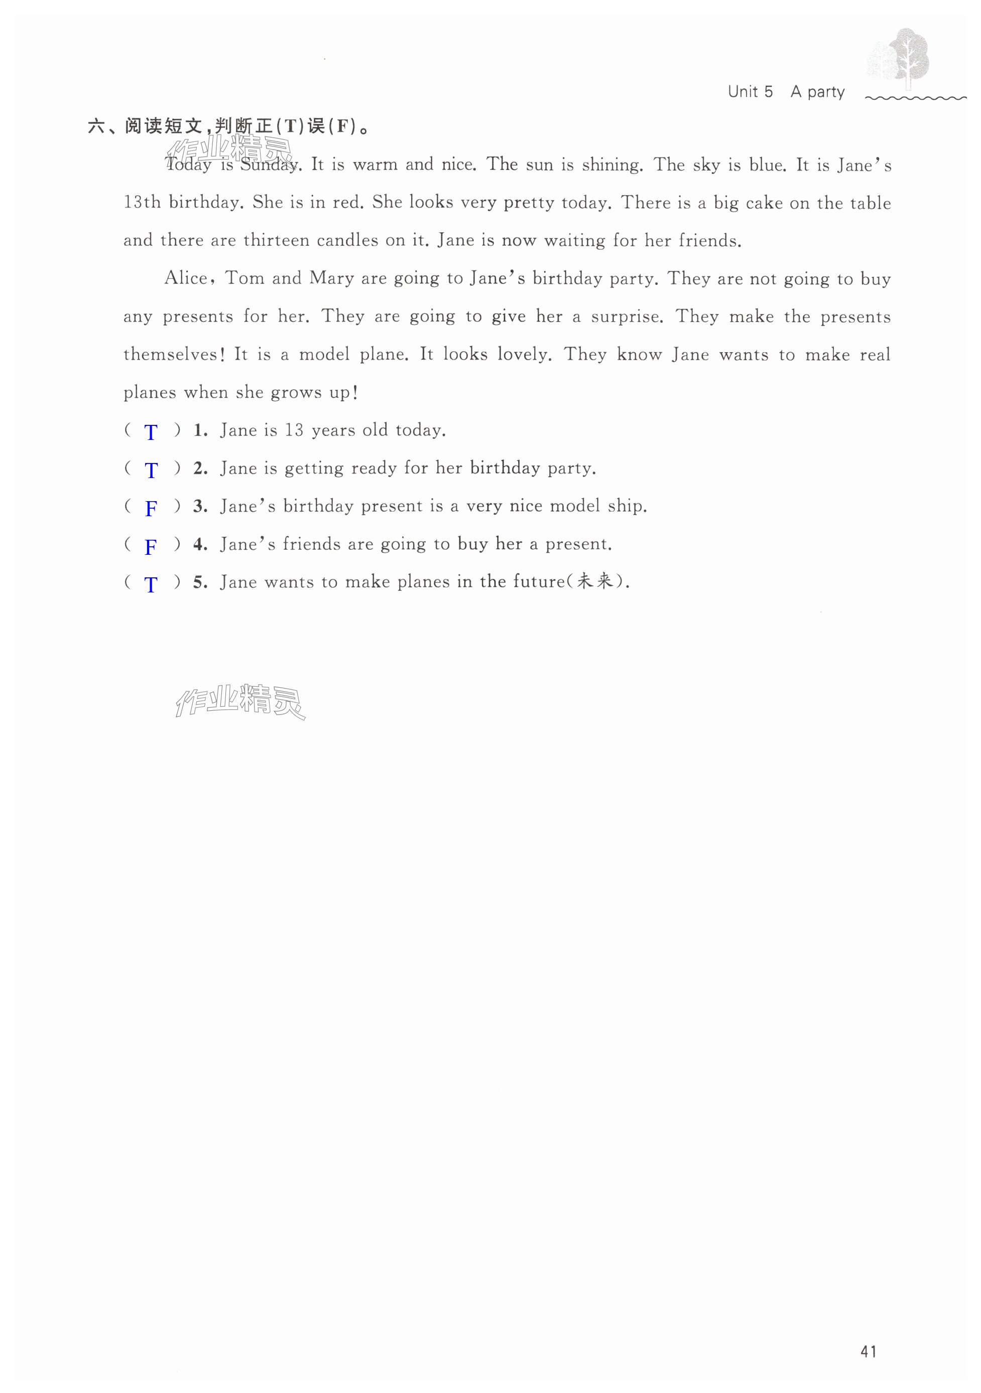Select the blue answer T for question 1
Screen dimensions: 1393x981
pyautogui.click(x=151, y=432)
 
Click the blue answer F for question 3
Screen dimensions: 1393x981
pyautogui.click(x=151, y=509)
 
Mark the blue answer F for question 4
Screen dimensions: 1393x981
pyautogui.click(x=151, y=547)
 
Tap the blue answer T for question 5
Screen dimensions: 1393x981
pyautogui.click(x=151, y=584)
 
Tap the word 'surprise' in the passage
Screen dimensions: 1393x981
pyautogui.click(x=625, y=317)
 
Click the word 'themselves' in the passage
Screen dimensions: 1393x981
pyautogui.click(x=170, y=354)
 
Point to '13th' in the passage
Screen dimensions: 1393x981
pyautogui.click(x=142, y=202)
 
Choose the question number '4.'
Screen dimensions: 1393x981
pyautogui.click(x=200, y=544)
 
